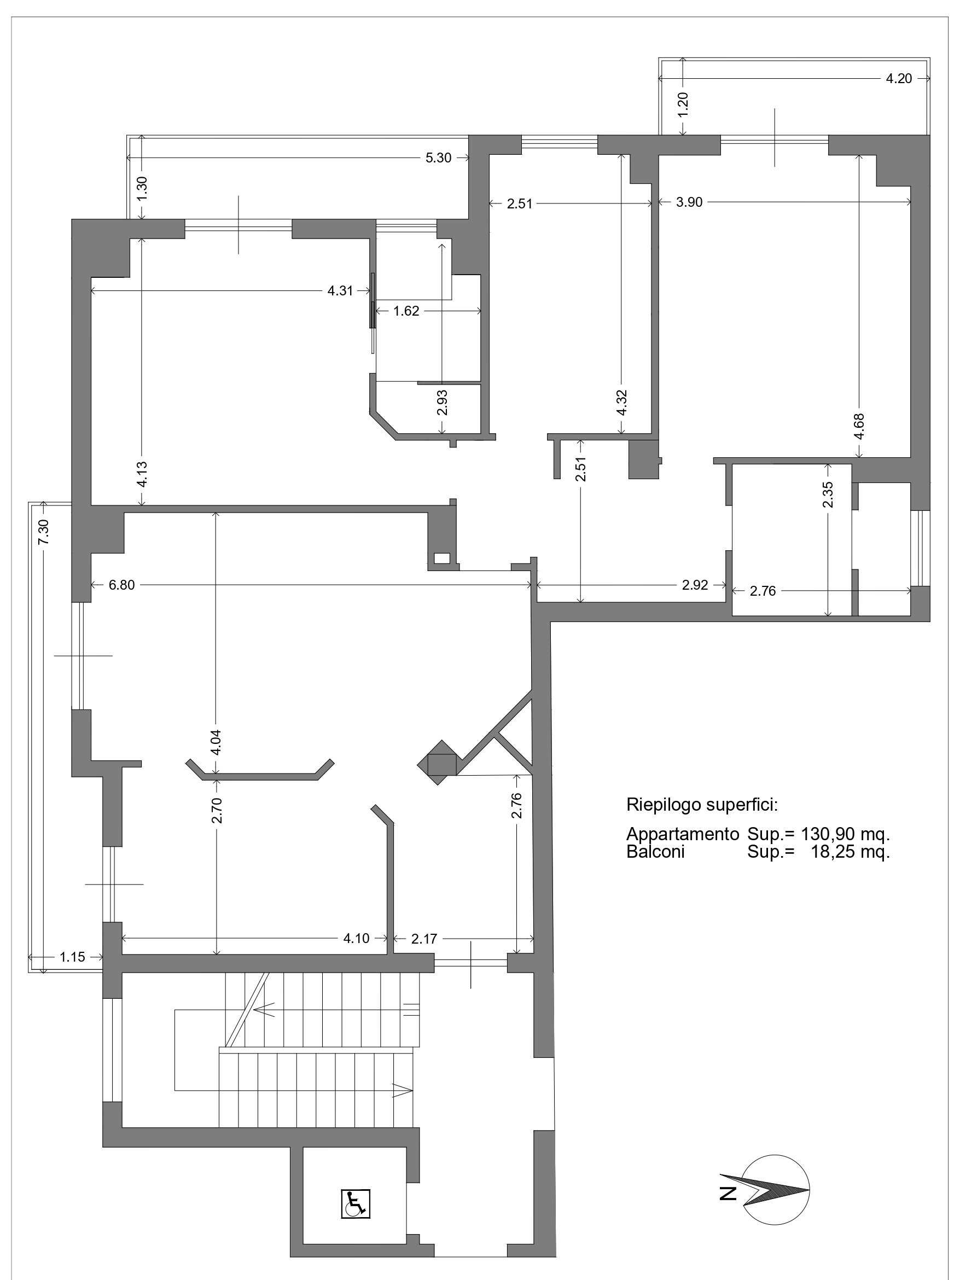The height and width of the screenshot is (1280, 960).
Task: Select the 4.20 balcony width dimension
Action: coord(899,79)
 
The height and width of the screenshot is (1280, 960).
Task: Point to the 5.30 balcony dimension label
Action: coord(438,158)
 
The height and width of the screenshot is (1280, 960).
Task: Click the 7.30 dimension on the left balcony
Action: coord(43,531)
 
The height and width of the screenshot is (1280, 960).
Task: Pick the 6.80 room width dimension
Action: coord(121,585)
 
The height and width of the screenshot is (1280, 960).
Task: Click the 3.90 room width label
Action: coord(689,202)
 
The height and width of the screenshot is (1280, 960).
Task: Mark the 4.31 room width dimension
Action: coord(340,290)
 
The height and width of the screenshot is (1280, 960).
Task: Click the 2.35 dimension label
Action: coord(828,494)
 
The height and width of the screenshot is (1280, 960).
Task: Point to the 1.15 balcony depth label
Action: coord(72,957)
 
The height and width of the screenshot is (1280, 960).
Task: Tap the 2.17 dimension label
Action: coord(424,938)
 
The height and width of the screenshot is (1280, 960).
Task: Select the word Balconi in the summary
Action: coord(655,851)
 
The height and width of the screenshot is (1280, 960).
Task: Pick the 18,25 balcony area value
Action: coord(835,851)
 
